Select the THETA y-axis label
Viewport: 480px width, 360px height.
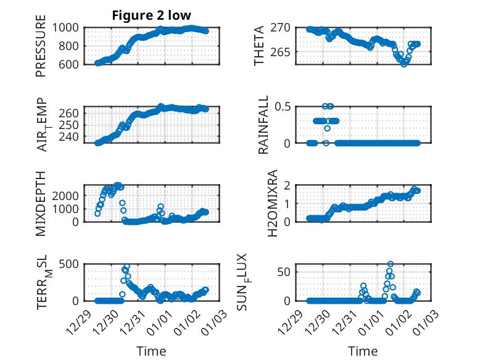tap(260, 45)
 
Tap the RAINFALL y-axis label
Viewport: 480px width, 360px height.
tap(263, 125)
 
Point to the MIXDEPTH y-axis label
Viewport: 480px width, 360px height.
tap(41, 203)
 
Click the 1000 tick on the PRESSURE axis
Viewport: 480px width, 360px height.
tap(65, 28)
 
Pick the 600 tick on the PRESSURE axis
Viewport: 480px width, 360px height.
tap(68, 64)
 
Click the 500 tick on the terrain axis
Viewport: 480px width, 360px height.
tap(68, 264)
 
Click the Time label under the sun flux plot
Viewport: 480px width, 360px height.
tap(363, 351)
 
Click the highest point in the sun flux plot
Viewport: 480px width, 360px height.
tap(390, 264)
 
